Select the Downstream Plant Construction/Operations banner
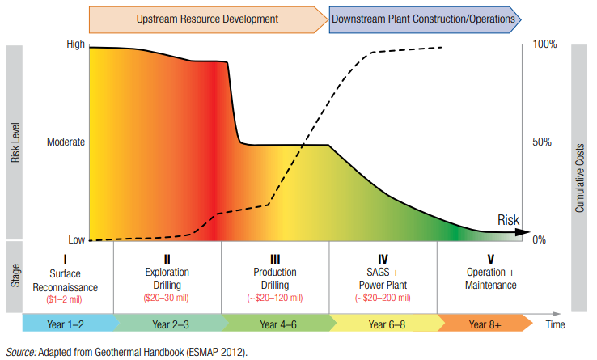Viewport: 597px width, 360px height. (424, 18)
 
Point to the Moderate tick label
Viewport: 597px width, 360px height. (66, 142)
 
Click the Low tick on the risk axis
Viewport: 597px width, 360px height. (76, 240)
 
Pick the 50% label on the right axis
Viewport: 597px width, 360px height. (542, 142)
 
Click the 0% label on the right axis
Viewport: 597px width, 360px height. (540, 240)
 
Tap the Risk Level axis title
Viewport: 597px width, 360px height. (15, 142)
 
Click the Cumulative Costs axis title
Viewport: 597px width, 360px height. (579, 142)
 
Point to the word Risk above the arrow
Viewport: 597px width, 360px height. (508, 219)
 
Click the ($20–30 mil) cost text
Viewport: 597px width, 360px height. (167, 298)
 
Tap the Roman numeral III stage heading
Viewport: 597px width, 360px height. (275, 259)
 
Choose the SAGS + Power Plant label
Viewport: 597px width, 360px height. (383, 279)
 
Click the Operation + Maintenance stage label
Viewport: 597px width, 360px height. (490, 279)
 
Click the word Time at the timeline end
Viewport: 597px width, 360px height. (555, 324)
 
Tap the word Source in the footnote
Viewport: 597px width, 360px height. (23, 351)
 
